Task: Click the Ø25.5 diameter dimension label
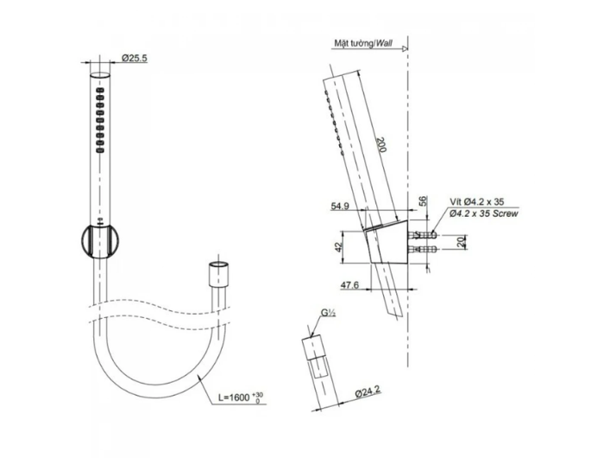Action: [135, 58]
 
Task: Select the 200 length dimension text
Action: [381, 144]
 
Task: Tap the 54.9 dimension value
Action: [340, 207]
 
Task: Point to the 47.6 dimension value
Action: [349, 285]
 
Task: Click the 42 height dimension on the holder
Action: [338, 247]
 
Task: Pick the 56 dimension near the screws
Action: [423, 201]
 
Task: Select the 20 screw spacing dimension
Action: [461, 242]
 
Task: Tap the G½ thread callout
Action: [328, 314]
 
